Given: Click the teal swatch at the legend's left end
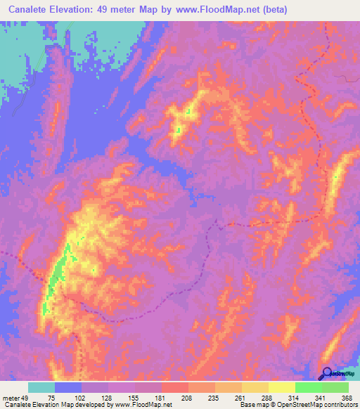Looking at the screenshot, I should click(41, 387).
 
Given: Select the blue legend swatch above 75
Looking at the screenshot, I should click(68, 387).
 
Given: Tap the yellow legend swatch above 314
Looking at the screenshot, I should click(281, 387).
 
